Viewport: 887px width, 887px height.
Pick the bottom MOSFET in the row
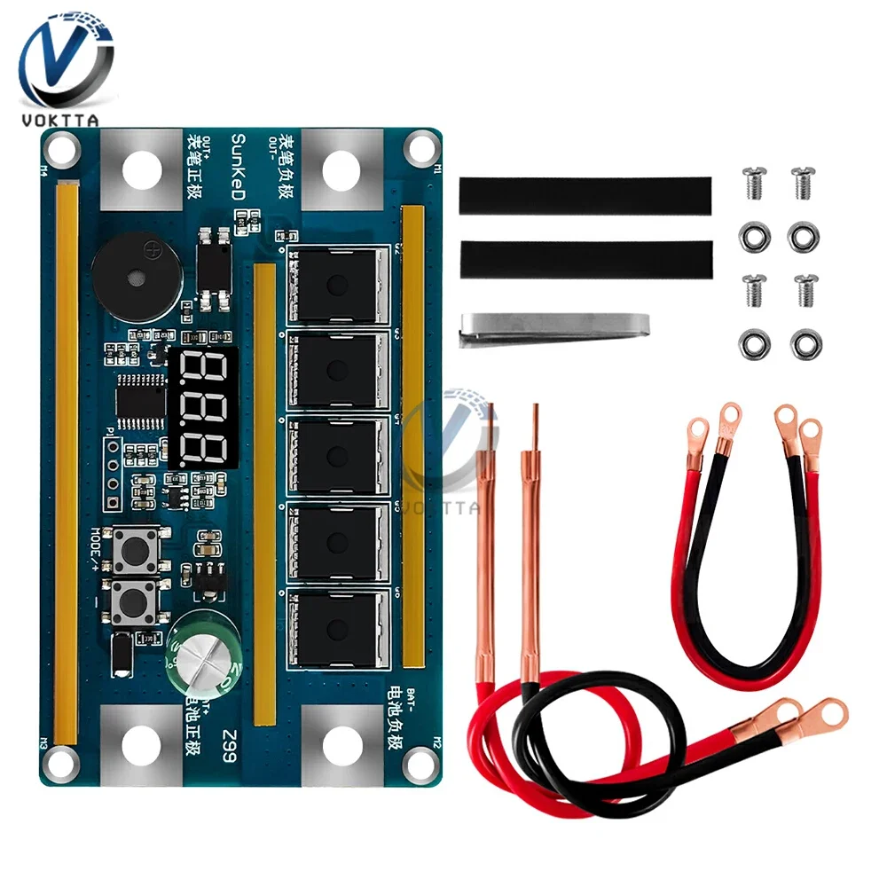tap(337, 628)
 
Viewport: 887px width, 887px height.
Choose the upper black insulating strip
tap(585, 195)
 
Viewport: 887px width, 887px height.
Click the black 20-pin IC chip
tap(137, 403)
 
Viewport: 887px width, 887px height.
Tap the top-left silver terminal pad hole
tap(139, 169)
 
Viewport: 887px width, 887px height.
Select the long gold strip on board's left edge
tap(67, 461)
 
